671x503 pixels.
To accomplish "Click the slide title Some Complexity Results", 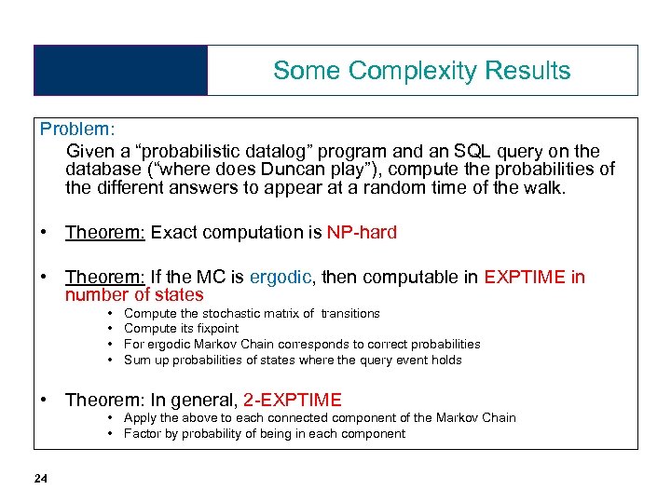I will click(421, 71).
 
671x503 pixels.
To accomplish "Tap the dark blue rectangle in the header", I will click(120, 71).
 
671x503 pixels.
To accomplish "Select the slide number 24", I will click(40, 479).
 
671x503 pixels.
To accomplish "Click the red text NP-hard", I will click(362, 232).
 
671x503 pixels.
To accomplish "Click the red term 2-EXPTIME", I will click(293, 400).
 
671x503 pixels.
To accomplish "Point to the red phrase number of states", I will click(134, 295).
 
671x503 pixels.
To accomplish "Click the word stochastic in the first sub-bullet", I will click(213, 313).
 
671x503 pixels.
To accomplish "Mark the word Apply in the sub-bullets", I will click(140, 418).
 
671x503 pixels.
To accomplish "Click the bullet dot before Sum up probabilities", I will click(112, 360).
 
